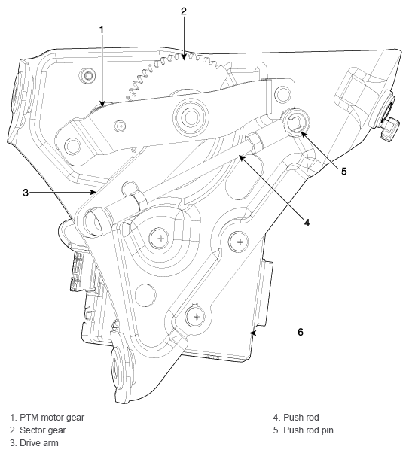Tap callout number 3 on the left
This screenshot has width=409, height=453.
coord(25,193)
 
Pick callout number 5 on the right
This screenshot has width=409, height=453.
coord(343,171)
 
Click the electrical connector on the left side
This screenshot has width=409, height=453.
coord(78,270)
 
